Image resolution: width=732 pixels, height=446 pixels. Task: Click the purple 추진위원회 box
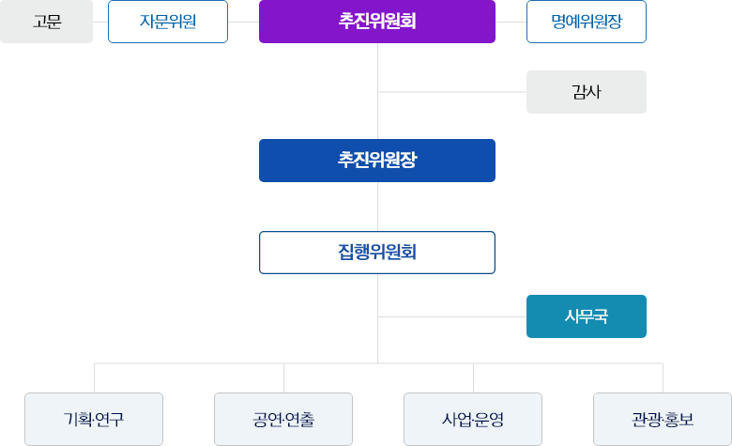(x=377, y=22)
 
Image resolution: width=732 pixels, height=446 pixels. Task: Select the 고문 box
(x=46, y=22)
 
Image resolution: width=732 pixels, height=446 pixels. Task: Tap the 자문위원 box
(x=168, y=22)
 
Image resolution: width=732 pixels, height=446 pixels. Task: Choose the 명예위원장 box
(x=587, y=22)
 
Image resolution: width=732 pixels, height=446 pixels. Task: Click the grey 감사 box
(x=587, y=92)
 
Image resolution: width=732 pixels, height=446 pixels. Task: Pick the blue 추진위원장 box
(x=377, y=160)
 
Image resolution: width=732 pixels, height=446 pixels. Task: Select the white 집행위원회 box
(x=377, y=252)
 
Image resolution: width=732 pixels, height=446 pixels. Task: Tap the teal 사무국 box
(x=587, y=316)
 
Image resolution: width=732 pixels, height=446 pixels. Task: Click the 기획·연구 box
(x=94, y=419)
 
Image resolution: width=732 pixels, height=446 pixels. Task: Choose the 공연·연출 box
(x=283, y=419)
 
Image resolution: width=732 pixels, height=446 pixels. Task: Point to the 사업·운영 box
(x=473, y=419)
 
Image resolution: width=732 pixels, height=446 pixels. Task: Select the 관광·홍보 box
(x=663, y=419)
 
